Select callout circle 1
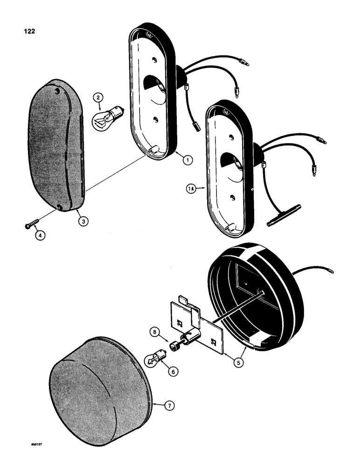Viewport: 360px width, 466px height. coord(187,160)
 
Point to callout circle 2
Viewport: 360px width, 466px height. coord(97,98)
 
